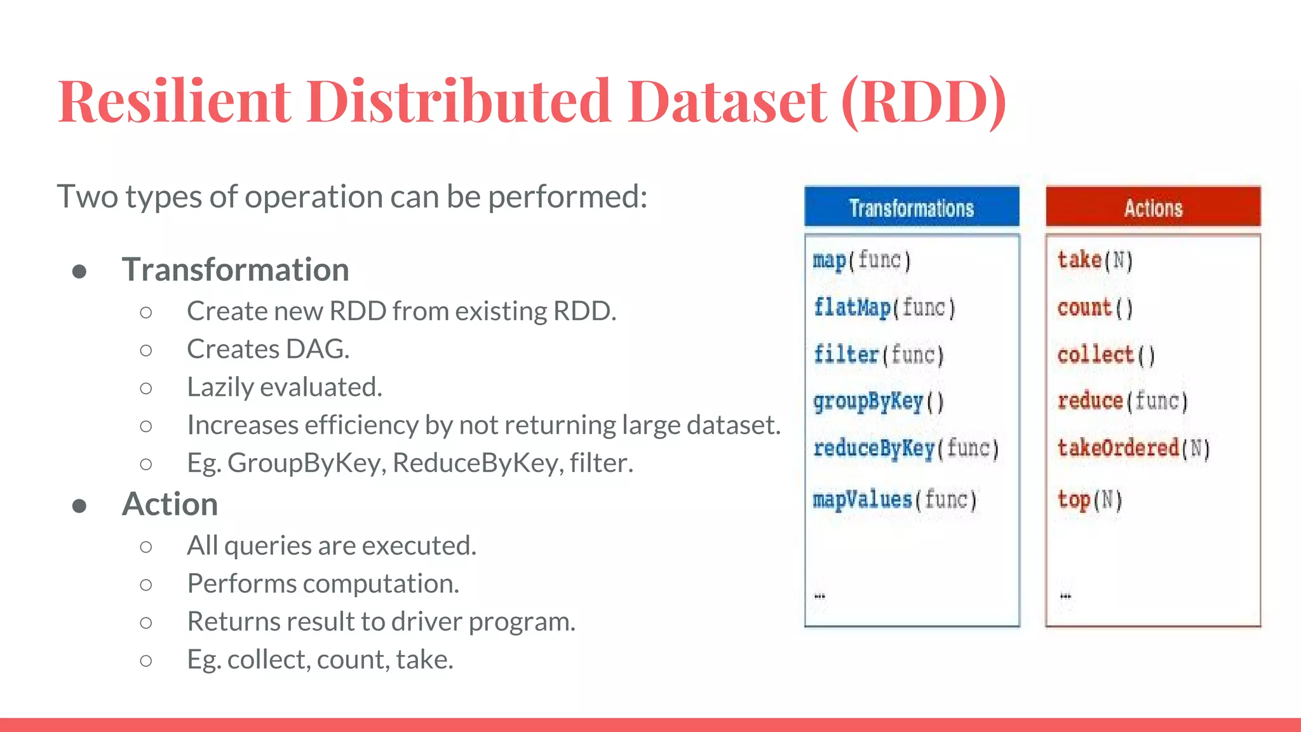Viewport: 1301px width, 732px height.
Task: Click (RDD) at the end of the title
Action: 924,102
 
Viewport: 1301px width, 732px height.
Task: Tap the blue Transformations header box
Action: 912,207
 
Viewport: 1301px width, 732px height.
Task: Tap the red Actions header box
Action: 1153,207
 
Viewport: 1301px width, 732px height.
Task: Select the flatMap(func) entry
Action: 884,308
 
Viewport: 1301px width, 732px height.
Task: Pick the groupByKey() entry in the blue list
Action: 879,402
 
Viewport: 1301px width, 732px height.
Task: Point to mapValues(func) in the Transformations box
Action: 894,499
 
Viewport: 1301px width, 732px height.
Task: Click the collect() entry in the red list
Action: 1106,355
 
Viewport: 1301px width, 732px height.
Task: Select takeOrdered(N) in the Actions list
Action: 1134,449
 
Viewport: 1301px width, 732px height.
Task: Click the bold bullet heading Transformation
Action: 236,270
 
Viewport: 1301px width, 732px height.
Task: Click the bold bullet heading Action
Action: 170,505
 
